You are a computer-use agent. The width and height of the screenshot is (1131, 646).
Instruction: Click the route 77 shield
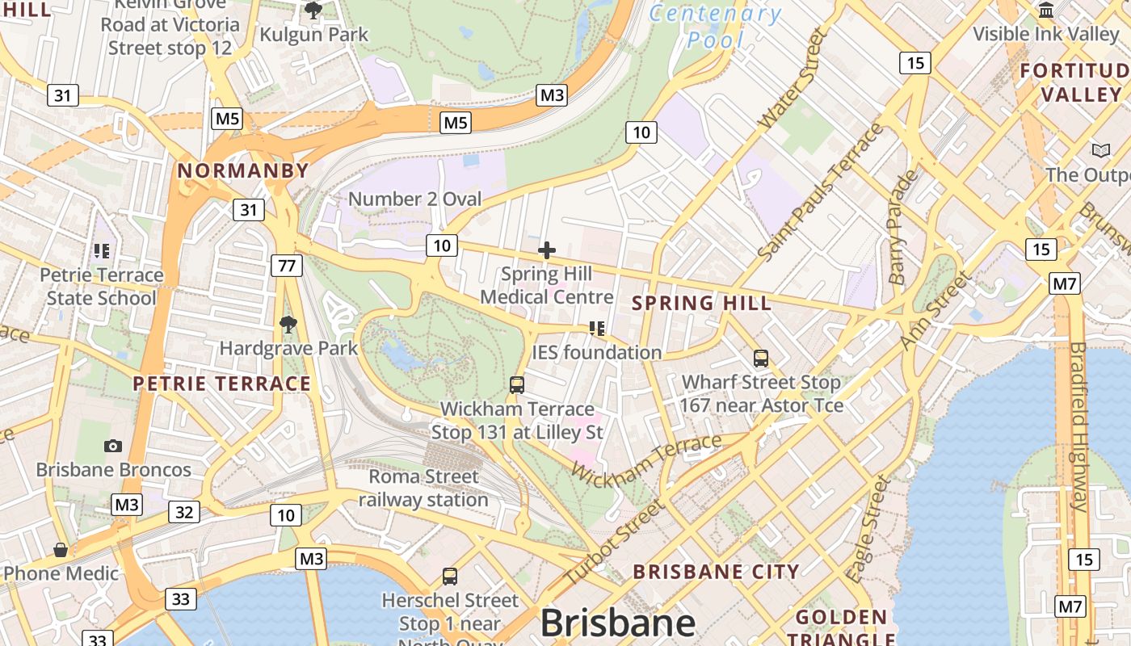(287, 265)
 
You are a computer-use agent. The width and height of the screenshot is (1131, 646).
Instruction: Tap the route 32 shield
(184, 512)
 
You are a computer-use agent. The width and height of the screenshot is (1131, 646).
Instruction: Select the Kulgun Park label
(313, 35)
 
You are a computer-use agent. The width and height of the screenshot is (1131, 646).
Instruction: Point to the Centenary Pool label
(716, 26)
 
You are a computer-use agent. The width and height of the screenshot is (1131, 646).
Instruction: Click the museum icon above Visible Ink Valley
(1046, 10)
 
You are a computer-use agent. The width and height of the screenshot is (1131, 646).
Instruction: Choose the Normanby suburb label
(243, 170)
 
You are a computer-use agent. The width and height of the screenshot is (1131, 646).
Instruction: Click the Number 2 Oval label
(414, 199)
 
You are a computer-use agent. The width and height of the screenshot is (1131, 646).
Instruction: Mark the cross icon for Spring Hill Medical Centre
(547, 250)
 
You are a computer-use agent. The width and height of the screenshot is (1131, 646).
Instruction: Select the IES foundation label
(597, 352)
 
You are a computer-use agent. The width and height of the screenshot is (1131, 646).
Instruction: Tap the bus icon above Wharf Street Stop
(760, 358)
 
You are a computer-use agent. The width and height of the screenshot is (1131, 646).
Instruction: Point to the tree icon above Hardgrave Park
(288, 325)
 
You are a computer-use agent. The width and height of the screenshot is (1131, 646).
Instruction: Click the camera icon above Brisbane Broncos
(113, 446)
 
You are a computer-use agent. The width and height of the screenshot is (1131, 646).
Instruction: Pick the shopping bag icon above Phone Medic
(61, 550)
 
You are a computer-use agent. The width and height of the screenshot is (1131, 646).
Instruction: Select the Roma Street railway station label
(423, 488)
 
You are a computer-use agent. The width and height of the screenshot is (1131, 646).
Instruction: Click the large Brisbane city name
(617, 623)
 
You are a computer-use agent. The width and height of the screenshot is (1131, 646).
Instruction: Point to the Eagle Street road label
(868, 530)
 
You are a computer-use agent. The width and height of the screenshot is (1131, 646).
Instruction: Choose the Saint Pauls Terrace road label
(821, 193)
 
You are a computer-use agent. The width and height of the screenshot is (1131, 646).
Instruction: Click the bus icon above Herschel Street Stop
(450, 577)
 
